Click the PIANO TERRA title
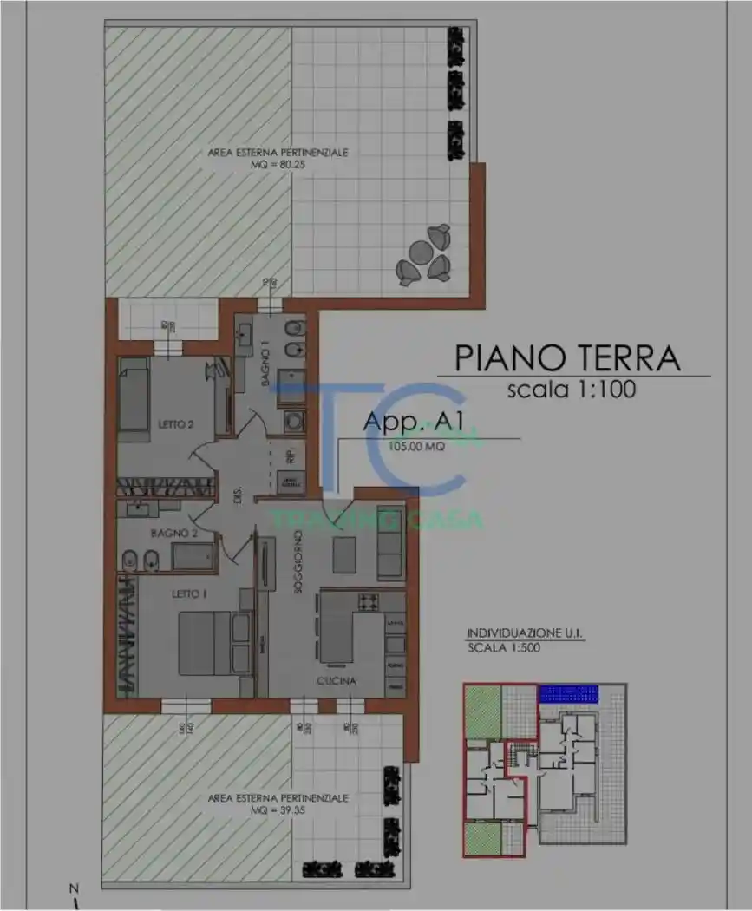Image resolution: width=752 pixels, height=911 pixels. [x=568, y=357]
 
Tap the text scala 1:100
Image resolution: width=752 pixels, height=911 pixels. [x=571, y=390]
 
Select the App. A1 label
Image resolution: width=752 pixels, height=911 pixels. [x=414, y=422]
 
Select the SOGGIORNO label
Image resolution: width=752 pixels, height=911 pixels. [x=297, y=561]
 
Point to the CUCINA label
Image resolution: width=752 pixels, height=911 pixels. [x=336, y=681]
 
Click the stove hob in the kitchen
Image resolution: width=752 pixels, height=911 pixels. [x=367, y=600]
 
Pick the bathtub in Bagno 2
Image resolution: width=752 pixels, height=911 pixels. [x=193, y=557]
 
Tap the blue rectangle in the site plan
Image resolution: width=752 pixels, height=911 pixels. [x=569, y=693]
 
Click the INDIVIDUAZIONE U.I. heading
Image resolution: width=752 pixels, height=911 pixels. [x=525, y=633]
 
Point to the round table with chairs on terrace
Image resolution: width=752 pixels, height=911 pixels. [x=424, y=256]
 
